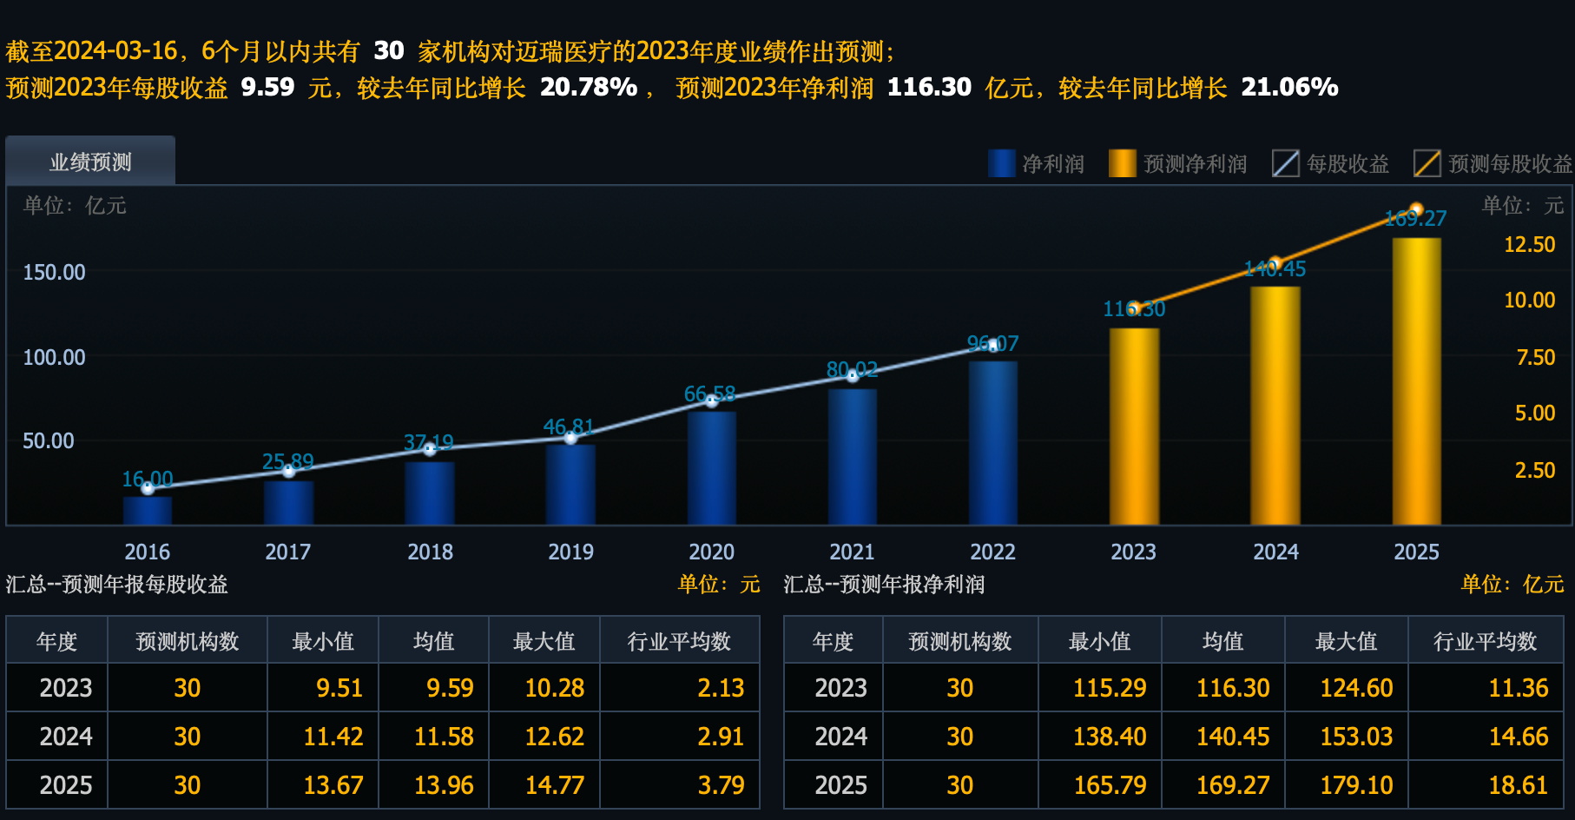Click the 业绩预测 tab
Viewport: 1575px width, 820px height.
[90, 162]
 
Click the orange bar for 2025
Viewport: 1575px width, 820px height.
[1416, 382]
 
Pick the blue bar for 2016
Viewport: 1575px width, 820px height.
[148, 510]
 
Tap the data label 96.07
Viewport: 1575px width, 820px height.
[992, 343]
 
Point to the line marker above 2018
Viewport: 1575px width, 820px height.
[430, 449]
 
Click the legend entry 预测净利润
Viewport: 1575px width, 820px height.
[1178, 163]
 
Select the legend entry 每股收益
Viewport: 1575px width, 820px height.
[1330, 163]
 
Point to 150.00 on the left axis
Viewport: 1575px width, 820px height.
[54, 272]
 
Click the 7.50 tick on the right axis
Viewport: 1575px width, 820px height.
[1535, 357]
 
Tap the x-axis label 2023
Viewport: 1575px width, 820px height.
[1133, 552]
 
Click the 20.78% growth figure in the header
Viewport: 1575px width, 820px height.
[588, 87]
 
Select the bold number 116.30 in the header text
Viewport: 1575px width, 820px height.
[928, 87]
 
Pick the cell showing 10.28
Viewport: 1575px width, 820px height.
[554, 688]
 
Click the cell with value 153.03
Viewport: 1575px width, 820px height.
[1355, 737]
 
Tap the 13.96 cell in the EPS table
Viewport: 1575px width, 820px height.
[444, 785]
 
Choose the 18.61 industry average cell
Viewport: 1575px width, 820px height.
[1518, 785]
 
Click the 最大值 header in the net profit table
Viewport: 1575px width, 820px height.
[1346, 641]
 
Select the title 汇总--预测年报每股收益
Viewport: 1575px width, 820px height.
[116, 584]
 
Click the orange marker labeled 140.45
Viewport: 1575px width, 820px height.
[1275, 263]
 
